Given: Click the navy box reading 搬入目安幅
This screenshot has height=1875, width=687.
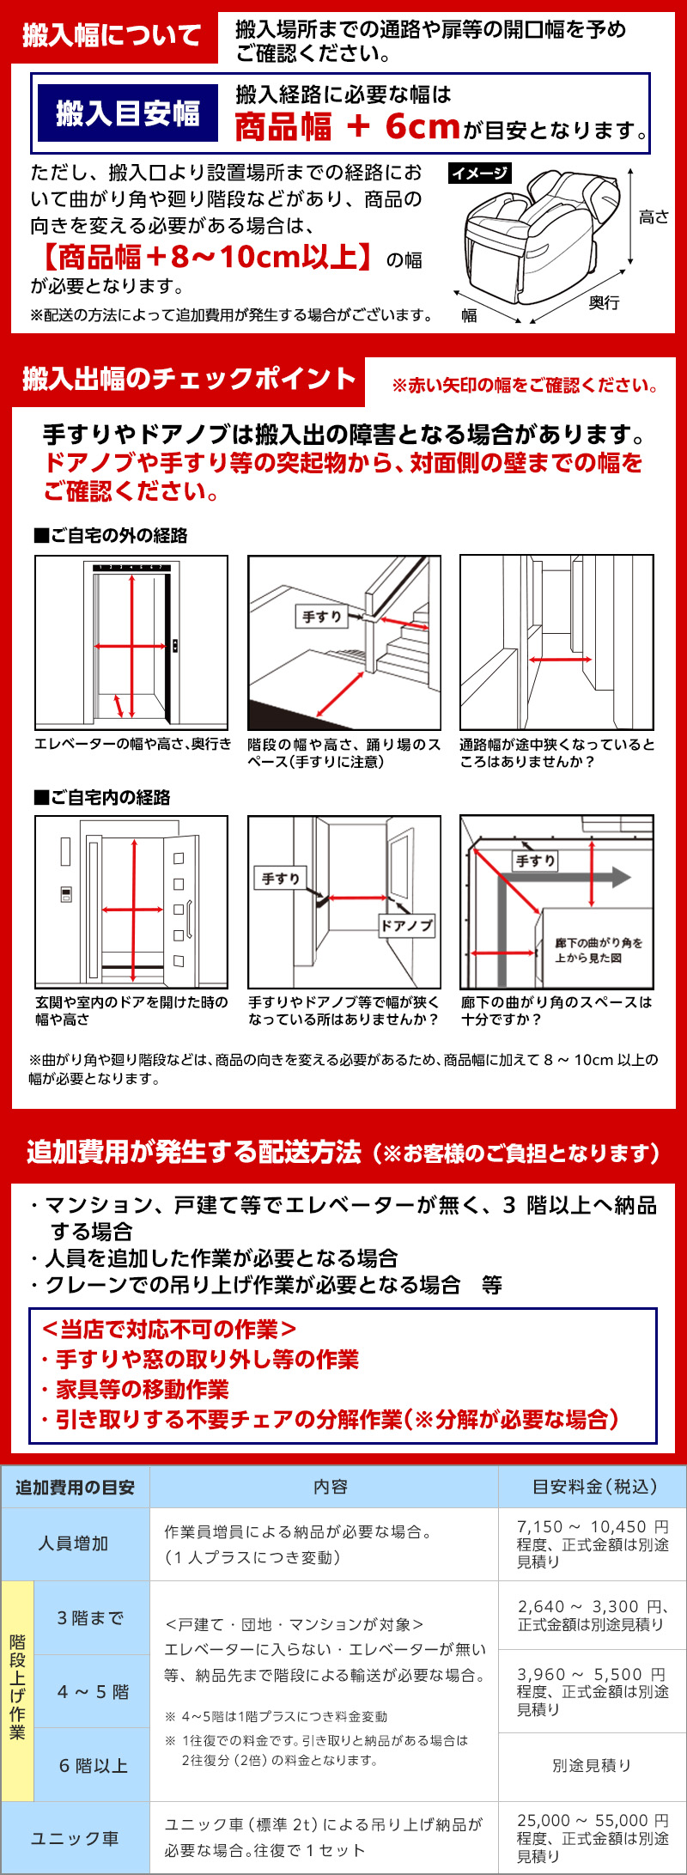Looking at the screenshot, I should pos(127,113).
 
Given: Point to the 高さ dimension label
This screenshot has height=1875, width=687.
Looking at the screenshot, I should pos(654,217).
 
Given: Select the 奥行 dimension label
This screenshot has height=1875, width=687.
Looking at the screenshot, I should pos(604,303).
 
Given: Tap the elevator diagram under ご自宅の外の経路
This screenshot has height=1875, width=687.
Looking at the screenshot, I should pos(131,642).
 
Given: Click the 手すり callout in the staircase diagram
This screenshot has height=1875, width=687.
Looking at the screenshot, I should pos(322,616).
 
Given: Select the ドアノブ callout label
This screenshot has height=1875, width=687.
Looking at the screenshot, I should pos(407,925).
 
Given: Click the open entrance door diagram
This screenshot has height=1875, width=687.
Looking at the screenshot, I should pos(131,902).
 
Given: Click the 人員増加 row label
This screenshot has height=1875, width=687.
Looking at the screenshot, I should pos(74,1543).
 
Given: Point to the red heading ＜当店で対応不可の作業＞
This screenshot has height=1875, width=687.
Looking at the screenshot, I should pos(169,1329).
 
